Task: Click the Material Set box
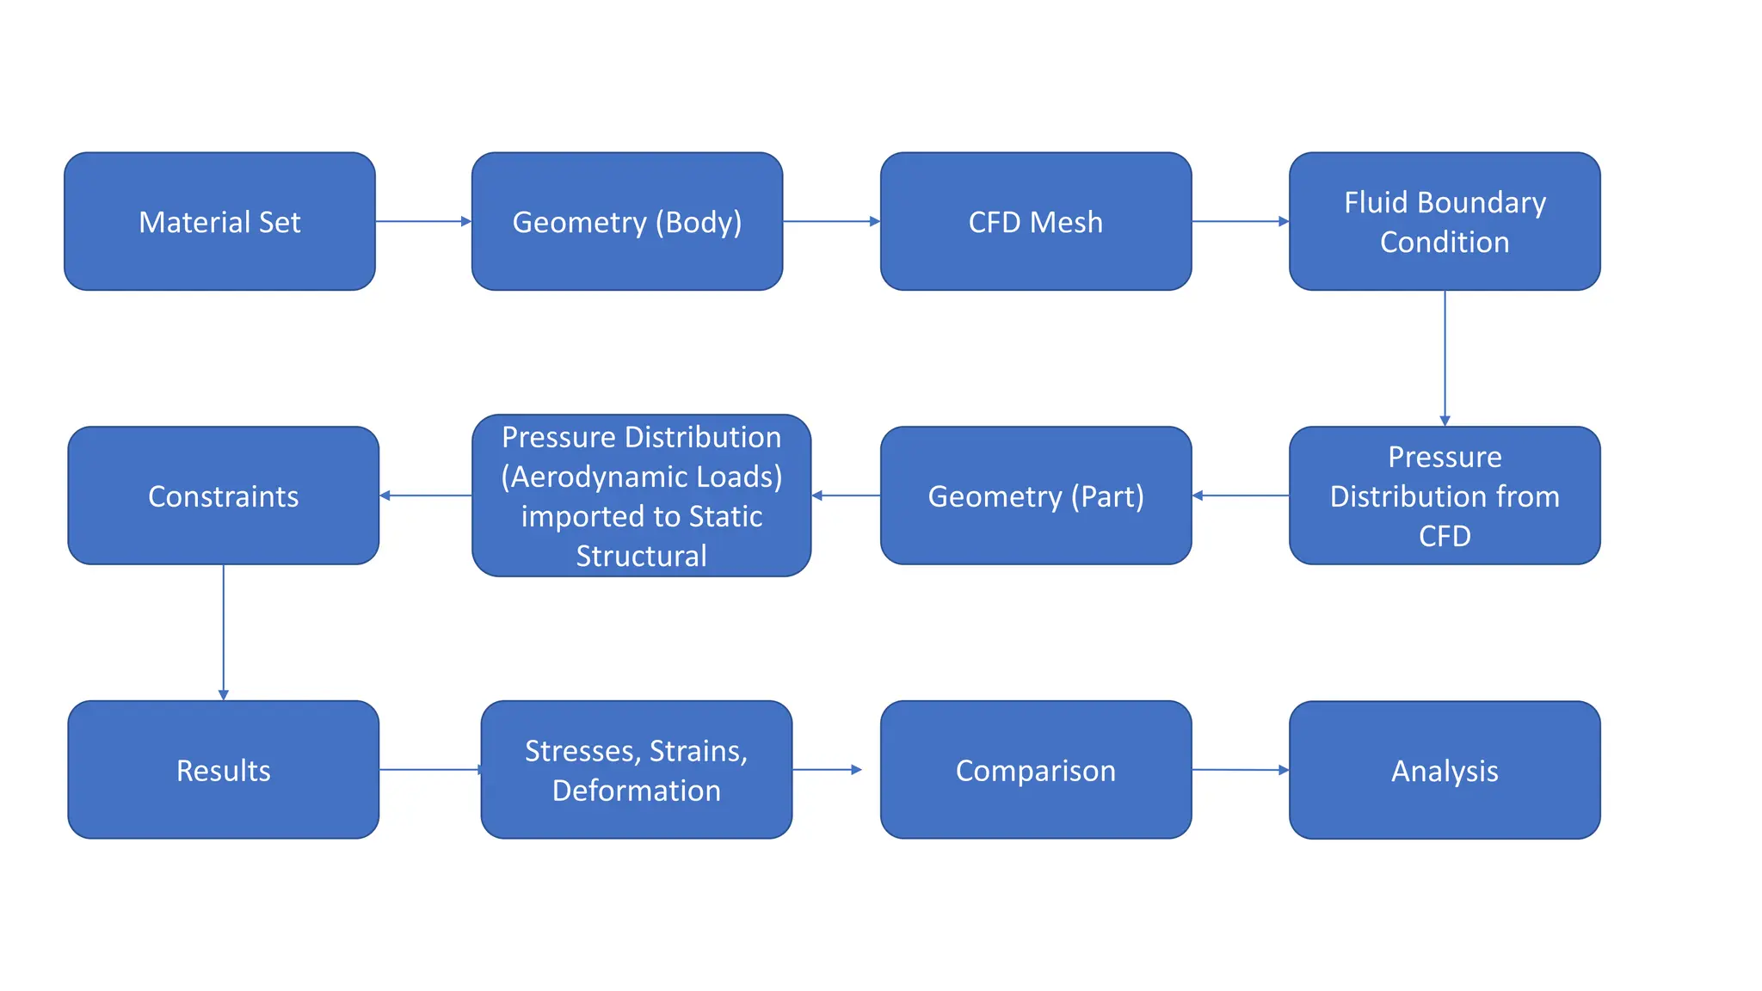(x=219, y=222)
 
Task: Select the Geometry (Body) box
(x=627, y=222)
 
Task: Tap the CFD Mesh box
(x=1036, y=222)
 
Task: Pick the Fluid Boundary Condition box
(x=1445, y=222)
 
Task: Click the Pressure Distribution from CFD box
(x=1445, y=495)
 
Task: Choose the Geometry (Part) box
(x=1036, y=495)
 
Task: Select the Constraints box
(x=224, y=495)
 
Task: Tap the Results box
(x=224, y=770)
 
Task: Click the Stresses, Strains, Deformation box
(x=637, y=770)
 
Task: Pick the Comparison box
(x=1036, y=770)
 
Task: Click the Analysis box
(x=1445, y=770)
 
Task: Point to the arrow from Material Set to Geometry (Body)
(x=423, y=221)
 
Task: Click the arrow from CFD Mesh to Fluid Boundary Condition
(x=1240, y=221)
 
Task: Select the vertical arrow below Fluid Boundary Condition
(x=1445, y=357)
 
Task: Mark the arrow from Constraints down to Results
(x=224, y=632)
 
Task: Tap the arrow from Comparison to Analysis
(x=1240, y=770)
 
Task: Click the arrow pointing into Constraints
(x=426, y=495)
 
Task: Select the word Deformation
(x=637, y=791)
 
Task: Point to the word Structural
(x=641, y=556)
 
